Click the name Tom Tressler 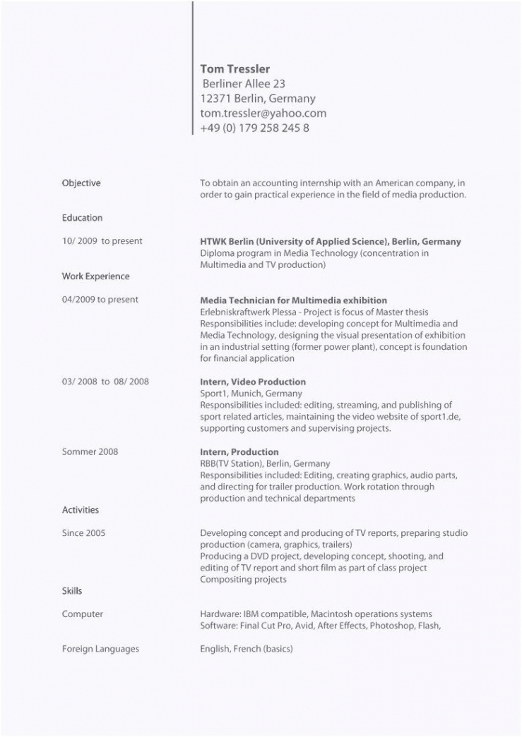click(x=235, y=69)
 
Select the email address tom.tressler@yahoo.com click(x=263, y=114)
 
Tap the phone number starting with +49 click(x=254, y=128)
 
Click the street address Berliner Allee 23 click(x=244, y=84)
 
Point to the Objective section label click(x=81, y=183)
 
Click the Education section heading click(x=82, y=218)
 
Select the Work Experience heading click(x=95, y=276)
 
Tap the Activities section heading click(x=81, y=510)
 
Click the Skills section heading click(x=72, y=591)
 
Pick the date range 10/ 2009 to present click(x=102, y=241)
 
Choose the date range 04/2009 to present click(x=100, y=300)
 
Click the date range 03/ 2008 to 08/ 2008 click(x=105, y=382)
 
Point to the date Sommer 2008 click(x=90, y=451)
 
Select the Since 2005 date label click(x=83, y=533)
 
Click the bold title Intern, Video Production click(x=253, y=382)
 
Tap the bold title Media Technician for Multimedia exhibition click(x=293, y=300)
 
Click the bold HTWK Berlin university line click(x=330, y=241)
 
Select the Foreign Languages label click(x=100, y=649)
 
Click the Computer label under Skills click(x=83, y=614)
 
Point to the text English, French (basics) click(x=246, y=649)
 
